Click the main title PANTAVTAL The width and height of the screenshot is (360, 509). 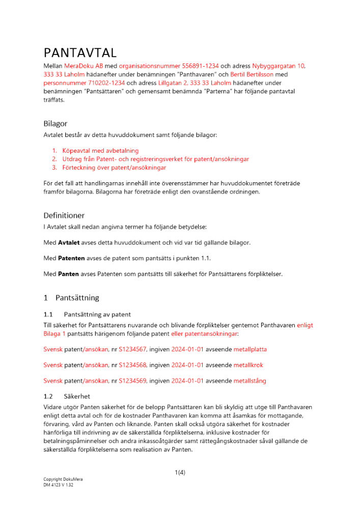[x=80, y=53]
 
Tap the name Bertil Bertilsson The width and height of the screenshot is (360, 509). [x=252, y=74]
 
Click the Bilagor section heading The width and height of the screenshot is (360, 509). [x=55, y=124]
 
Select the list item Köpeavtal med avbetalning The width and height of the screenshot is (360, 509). [x=100, y=151]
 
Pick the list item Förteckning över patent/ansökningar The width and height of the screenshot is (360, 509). [x=114, y=167]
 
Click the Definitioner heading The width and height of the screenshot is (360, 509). [x=64, y=215]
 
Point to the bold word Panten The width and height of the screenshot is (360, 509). [x=68, y=274]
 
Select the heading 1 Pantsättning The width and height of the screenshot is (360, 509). [x=71, y=298]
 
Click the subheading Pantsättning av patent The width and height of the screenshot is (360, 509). [x=97, y=314]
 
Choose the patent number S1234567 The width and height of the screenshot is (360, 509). [x=132, y=349]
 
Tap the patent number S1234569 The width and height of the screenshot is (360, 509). [x=132, y=381]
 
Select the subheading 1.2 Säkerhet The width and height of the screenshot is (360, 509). [x=67, y=395]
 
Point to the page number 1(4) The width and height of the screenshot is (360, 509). [x=180, y=472]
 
